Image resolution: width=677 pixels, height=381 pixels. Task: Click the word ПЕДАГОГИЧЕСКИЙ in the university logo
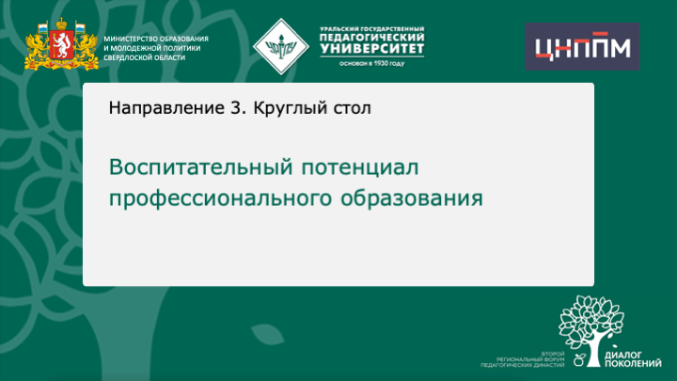[371, 37]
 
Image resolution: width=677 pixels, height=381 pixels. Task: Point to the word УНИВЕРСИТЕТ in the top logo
[371, 49]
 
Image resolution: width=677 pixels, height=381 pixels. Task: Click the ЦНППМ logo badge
[581, 47]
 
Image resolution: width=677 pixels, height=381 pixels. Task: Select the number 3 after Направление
[235, 107]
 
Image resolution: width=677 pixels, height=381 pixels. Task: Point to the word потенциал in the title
[358, 167]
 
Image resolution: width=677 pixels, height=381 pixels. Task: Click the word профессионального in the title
[221, 198]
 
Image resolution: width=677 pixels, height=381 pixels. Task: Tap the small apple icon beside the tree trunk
[578, 357]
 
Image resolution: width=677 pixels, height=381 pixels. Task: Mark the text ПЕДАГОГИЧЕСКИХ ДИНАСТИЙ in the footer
[522, 363]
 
